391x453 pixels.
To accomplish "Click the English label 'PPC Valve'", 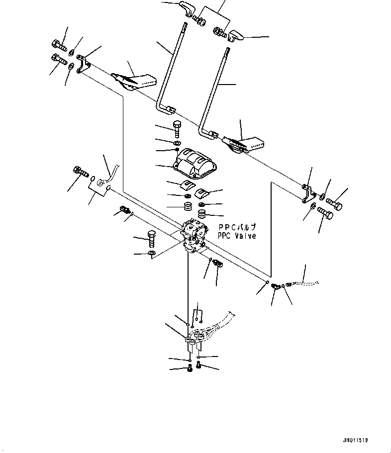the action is [237, 236].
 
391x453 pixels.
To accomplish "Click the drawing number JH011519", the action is [355, 441].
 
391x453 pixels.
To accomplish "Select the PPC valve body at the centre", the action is [194, 236].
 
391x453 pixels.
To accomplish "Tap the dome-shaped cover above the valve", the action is [195, 164].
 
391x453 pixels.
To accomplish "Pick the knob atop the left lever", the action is [186, 8].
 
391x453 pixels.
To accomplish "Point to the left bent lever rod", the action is [170, 69].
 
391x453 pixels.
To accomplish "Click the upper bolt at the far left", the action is [59, 46].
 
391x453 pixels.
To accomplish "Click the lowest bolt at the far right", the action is [325, 213].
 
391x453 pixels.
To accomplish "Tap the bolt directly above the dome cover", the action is [177, 129].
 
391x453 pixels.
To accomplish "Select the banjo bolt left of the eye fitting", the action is [81, 172].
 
